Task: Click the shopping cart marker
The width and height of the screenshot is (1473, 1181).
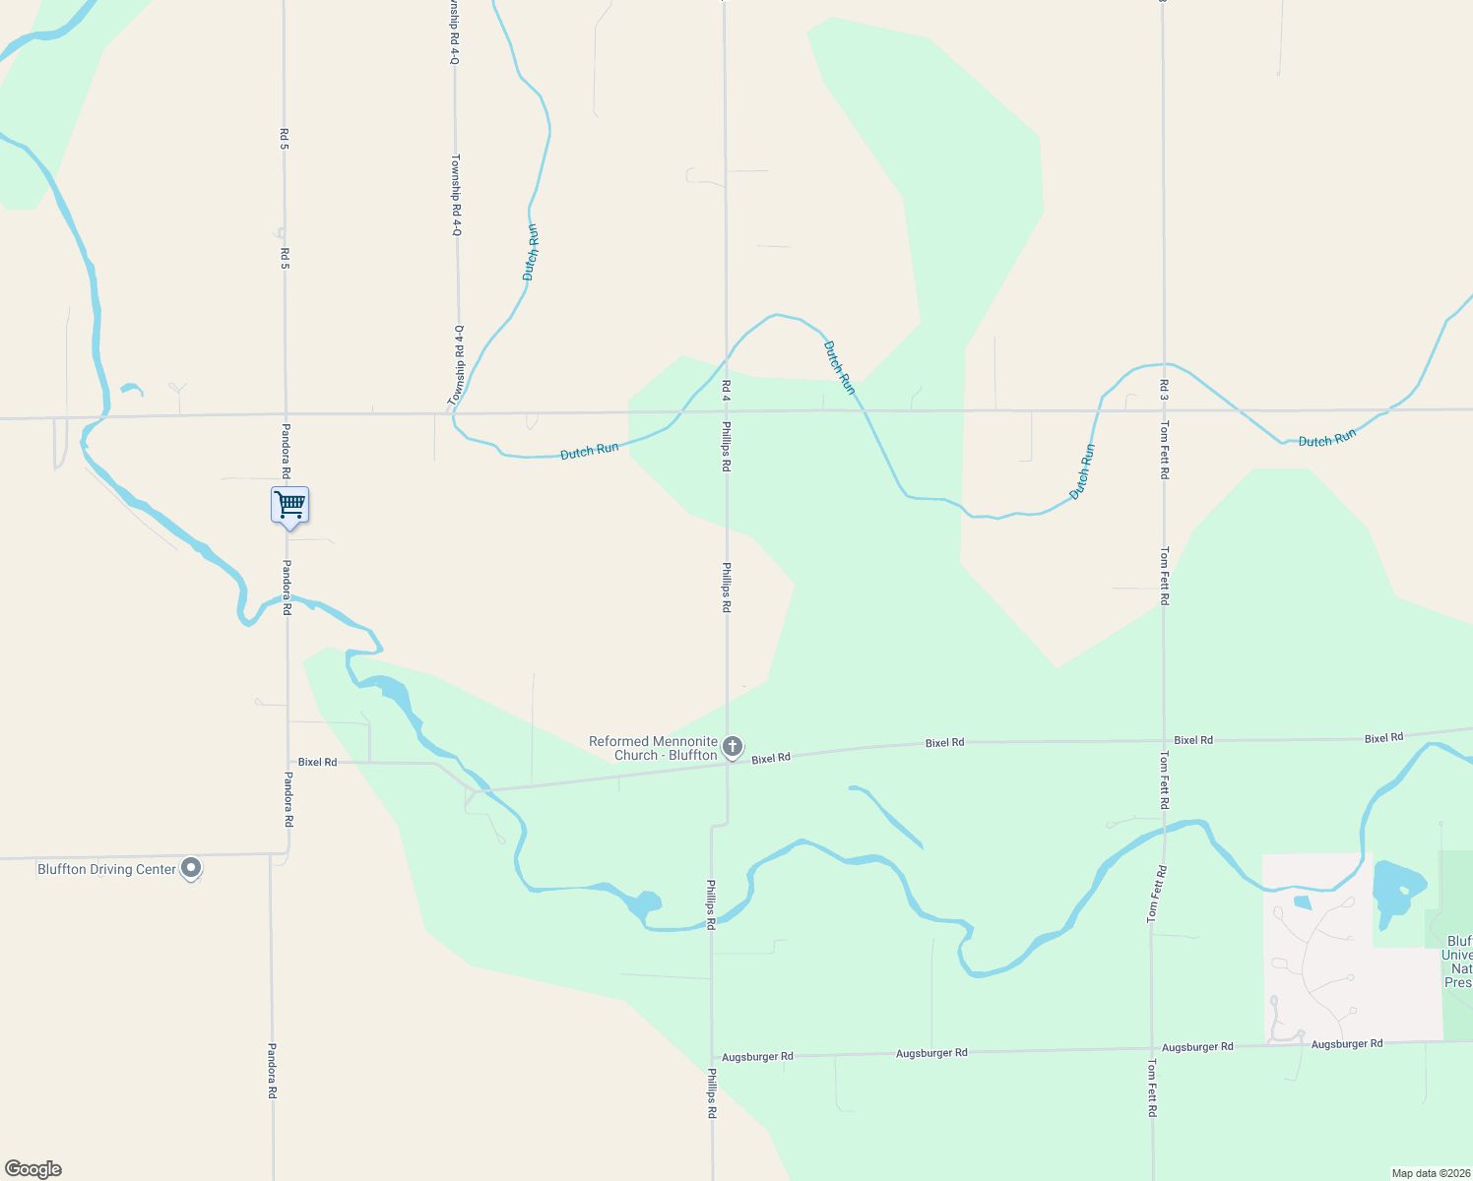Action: tap(289, 506)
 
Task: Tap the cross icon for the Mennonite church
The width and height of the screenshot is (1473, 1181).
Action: tap(733, 747)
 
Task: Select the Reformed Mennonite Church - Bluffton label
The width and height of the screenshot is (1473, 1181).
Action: tap(653, 748)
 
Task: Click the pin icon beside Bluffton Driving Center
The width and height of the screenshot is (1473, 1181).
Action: tap(192, 868)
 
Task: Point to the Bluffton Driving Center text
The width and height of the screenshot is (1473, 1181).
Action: tap(106, 870)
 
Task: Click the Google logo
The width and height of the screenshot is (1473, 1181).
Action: tap(32, 1169)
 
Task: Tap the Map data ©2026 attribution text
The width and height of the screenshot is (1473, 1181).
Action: tap(1430, 1173)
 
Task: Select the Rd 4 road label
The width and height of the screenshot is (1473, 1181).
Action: tap(726, 390)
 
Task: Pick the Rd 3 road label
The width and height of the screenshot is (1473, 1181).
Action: tap(1164, 390)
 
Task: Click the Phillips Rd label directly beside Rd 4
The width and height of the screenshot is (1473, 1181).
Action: tap(727, 447)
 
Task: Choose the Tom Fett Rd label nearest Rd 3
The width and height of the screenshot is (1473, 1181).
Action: tap(1164, 450)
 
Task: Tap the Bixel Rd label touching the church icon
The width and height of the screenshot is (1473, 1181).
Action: tap(771, 759)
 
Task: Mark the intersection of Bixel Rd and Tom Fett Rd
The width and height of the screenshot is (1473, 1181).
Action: tap(1164, 740)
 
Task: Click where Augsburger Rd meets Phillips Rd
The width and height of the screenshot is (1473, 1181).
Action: tap(712, 1057)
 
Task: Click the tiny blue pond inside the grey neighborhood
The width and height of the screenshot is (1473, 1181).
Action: tap(1302, 902)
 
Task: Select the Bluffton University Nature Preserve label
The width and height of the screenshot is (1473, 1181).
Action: tap(1458, 962)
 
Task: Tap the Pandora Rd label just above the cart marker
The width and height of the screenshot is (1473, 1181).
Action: tap(287, 451)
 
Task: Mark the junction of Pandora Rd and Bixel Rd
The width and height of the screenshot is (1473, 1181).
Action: tap(288, 762)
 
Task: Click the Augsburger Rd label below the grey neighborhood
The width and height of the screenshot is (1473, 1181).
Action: tap(1346, 1044)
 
